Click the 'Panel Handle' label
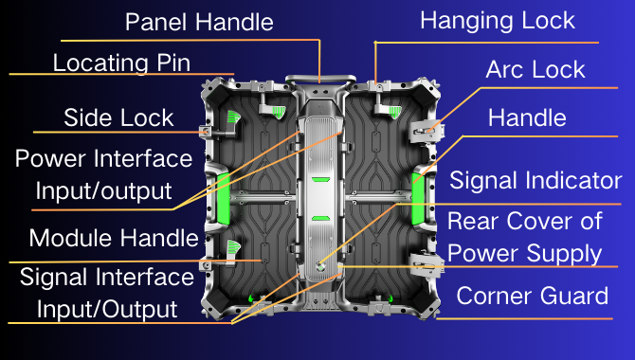click(x=199, y=21)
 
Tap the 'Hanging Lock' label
click(x=498, y=20)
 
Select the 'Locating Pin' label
click(x=122, y=63)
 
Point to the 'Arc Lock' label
click(x=535, y=69)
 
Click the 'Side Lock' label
click(x=118, y=117)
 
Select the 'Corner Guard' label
click(x=532, y=296)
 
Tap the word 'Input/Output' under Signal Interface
click(x=106, y=308)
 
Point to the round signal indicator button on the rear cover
click(x=322, y=266)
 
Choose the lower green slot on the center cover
click(x=319, y=217)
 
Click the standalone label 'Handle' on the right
click(x=527, y=117)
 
